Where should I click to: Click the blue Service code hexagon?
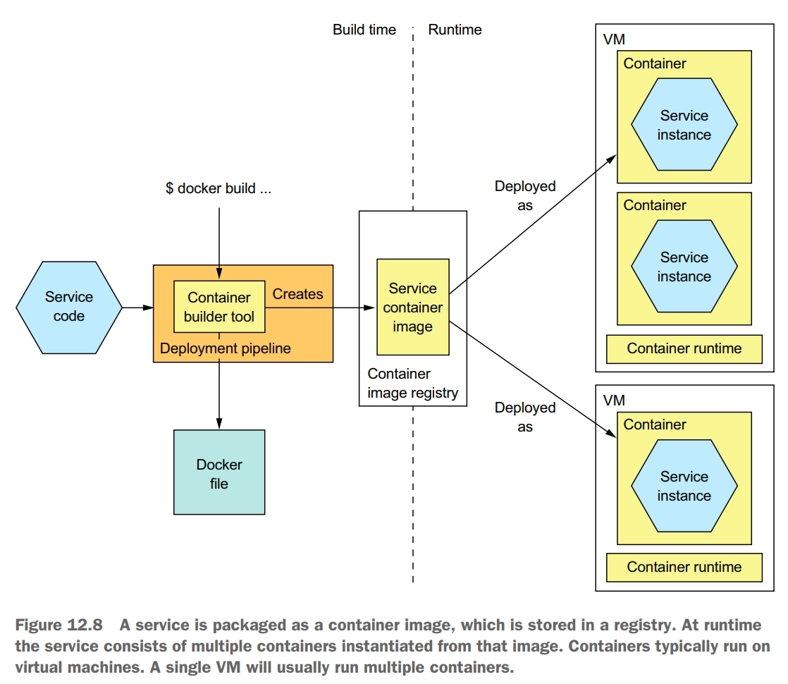click(68, 307)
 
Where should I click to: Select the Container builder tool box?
click(219, 307)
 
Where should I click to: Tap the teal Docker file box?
click(219, 472)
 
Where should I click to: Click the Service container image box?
click(412, 307)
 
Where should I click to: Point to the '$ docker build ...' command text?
click(218, 189)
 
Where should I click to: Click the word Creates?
click(297, 294)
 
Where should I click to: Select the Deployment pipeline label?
click(225, 348)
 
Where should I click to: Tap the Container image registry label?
click(412, 384)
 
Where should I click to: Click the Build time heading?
click(364, 30)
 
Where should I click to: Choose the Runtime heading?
click(455, 30)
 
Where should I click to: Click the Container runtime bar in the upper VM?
click(684, 348)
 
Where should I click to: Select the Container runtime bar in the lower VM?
click(684, 567)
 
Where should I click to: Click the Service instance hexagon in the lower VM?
click(684, 486)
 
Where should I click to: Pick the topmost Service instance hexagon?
click(684, 125)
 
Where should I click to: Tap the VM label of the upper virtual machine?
click(614, 39)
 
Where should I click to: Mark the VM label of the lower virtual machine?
click(614, 401)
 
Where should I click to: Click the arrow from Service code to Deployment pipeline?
click(137, 307)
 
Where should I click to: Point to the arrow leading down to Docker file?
click(219, 395)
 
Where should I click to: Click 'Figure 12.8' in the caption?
click(59, 625)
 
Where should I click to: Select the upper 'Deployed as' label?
click(524, 196)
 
